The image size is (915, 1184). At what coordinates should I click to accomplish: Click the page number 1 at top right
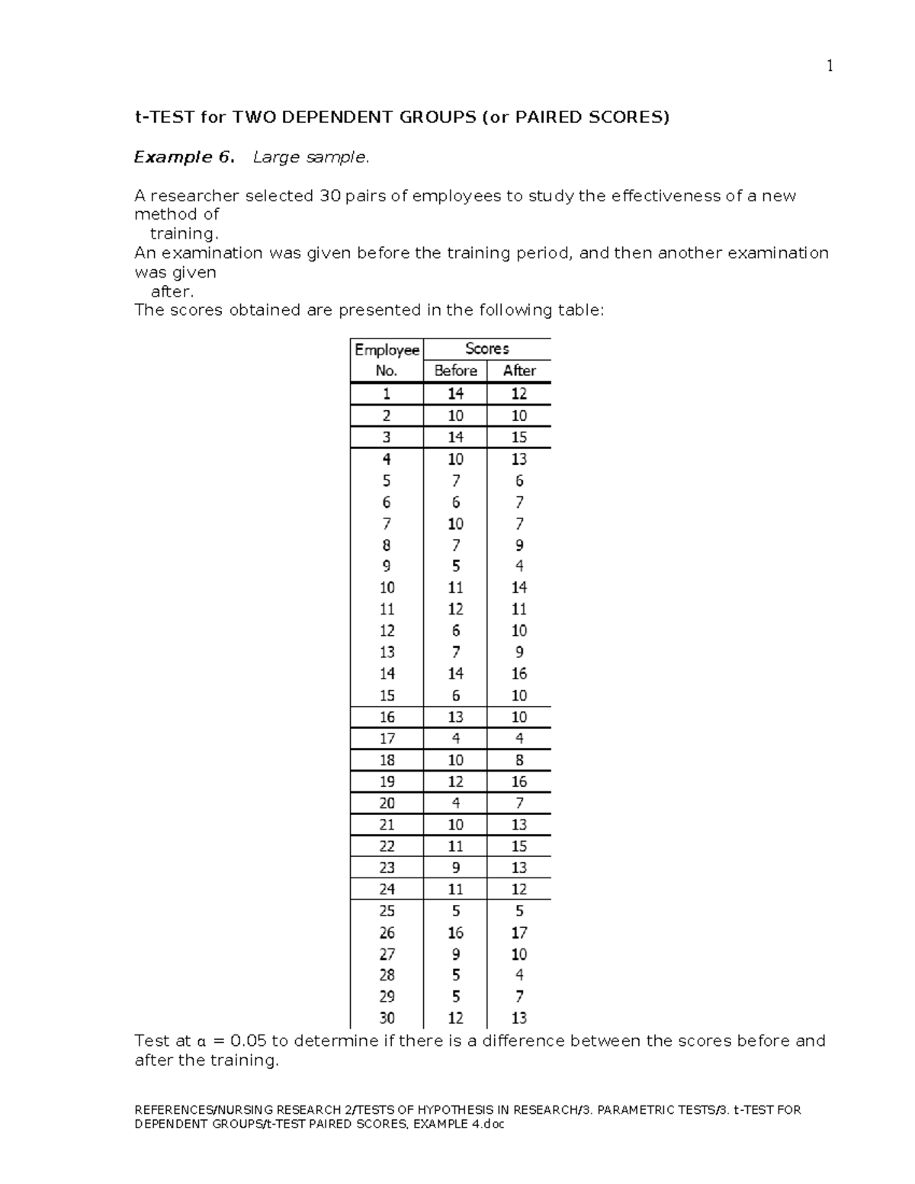830,66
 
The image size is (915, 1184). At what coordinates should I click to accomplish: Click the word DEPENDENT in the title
326,117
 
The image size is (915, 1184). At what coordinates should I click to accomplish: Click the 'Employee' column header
387,350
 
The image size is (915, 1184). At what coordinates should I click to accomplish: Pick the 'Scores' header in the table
486,348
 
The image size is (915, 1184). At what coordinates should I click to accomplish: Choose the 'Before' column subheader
455,371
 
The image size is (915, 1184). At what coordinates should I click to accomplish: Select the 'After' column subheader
518,371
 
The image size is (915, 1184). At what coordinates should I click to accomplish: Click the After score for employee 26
518,932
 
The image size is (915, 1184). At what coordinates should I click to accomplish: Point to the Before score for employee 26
455,932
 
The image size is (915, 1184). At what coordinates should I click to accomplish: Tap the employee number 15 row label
387,695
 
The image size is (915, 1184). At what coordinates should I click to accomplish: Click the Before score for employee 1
455,393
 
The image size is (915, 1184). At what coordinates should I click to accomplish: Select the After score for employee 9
518,566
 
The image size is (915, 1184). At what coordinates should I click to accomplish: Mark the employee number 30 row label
387,1018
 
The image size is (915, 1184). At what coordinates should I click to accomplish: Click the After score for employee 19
518,781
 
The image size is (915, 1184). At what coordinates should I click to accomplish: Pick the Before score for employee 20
455,803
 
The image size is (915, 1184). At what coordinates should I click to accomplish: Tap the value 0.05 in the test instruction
248,1041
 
